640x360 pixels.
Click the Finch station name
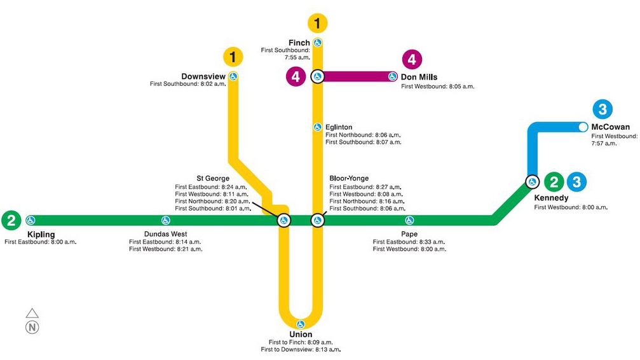[x=299, y=43]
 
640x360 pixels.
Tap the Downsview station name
[x=203, y=76]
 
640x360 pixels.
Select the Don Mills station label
[x=419, y=78]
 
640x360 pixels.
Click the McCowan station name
[x=610, y=127]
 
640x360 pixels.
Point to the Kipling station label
[x=41, y=235]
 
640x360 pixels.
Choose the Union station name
[x=301, y=335]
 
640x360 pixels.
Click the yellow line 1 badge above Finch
[x=317, y=24]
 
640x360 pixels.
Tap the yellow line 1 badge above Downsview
[x=233, y=57]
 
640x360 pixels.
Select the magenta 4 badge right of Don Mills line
[x=412, y=60]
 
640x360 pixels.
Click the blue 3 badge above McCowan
[x=601, y=108]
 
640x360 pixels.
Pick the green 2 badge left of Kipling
[x=11, y=221]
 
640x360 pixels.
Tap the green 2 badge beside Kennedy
[x=554, y=183]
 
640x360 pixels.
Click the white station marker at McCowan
[x=583, y=127]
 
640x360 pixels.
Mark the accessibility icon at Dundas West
[x=166, y=221]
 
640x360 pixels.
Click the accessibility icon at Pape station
[x=409, y=221]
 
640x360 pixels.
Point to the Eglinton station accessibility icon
[x=317, y=127]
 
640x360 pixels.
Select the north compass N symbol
[x=32, y=328]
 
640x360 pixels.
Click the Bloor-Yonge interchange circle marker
[x=317, y=221]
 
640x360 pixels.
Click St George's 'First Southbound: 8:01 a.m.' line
[x=212, y=209]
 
